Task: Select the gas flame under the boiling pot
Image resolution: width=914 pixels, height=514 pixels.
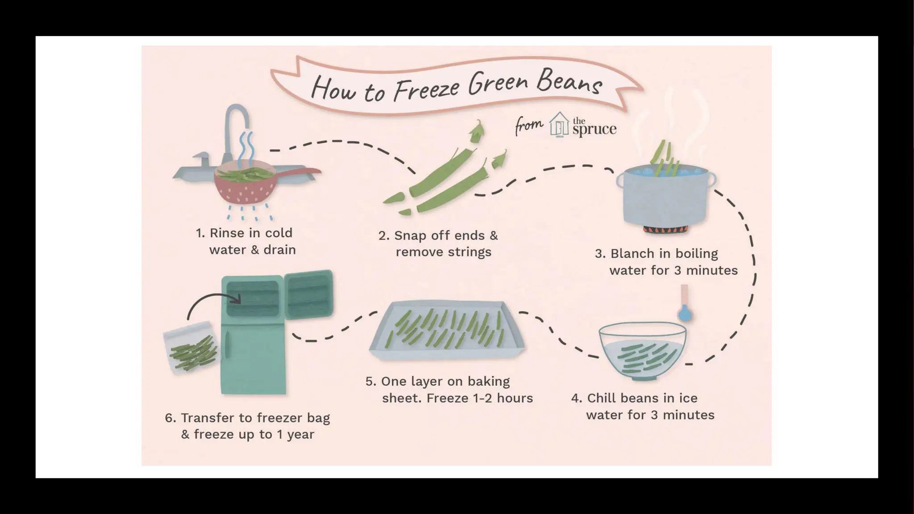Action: [x=665, y=230]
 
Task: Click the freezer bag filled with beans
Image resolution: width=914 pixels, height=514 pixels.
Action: [x=191, y=348]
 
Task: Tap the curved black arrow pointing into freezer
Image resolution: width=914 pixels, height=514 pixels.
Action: [x=210, y=301]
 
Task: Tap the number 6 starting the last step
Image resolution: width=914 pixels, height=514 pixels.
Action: [x=169, y=418]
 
